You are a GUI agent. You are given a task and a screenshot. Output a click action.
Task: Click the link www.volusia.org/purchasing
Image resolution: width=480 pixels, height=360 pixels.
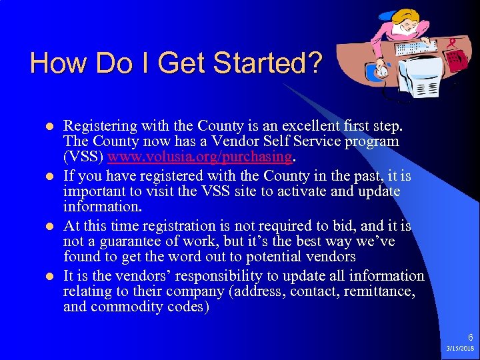click(199, 157)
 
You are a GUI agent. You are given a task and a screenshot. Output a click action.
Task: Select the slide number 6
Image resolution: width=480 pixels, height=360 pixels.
click(470, 338)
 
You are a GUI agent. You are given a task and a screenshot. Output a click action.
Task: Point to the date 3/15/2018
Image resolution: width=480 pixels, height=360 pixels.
click(459, 349)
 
